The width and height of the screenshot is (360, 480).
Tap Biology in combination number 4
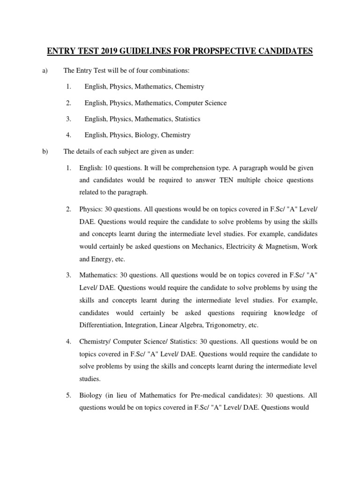pos(146,135)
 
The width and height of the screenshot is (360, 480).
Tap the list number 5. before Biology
pos(68,395)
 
